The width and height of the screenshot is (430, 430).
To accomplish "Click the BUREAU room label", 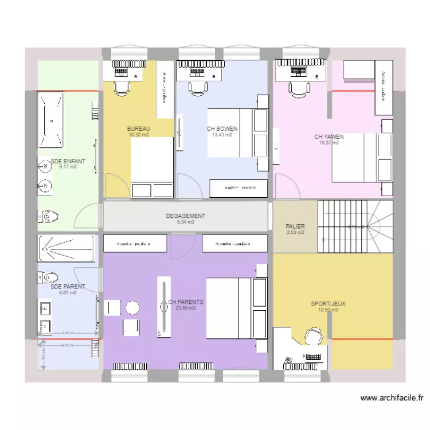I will point(138,128).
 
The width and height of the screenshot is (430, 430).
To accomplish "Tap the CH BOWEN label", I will point(222,129).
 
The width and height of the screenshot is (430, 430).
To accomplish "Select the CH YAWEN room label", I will point(329,136).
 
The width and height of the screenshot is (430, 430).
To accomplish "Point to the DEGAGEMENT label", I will point(185,216).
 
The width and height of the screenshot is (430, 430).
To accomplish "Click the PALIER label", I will point(295,226).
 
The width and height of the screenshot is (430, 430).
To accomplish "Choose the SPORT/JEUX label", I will point(328,304).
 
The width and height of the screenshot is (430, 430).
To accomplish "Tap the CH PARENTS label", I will point(186,302).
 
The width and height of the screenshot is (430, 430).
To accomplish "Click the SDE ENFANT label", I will point(68,162).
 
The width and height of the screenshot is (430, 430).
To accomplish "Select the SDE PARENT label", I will point(68,287).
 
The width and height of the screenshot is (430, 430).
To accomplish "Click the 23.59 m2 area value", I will point(186,308).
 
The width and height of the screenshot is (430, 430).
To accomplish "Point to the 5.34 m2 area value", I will point(185,222).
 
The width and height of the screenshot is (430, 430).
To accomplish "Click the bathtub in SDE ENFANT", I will point(51,121).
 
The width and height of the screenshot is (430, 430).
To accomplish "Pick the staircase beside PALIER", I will point(355,226).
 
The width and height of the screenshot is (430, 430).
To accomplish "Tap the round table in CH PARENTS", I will point(132,307).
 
